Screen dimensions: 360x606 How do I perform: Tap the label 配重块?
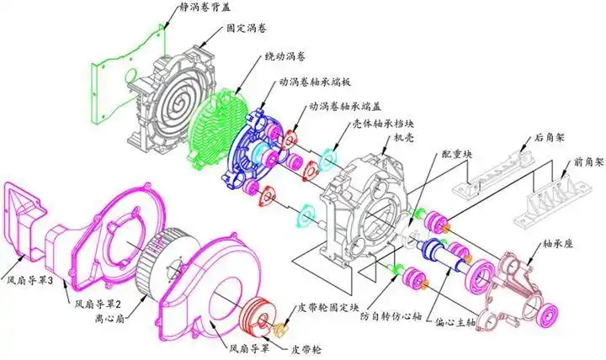456,155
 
